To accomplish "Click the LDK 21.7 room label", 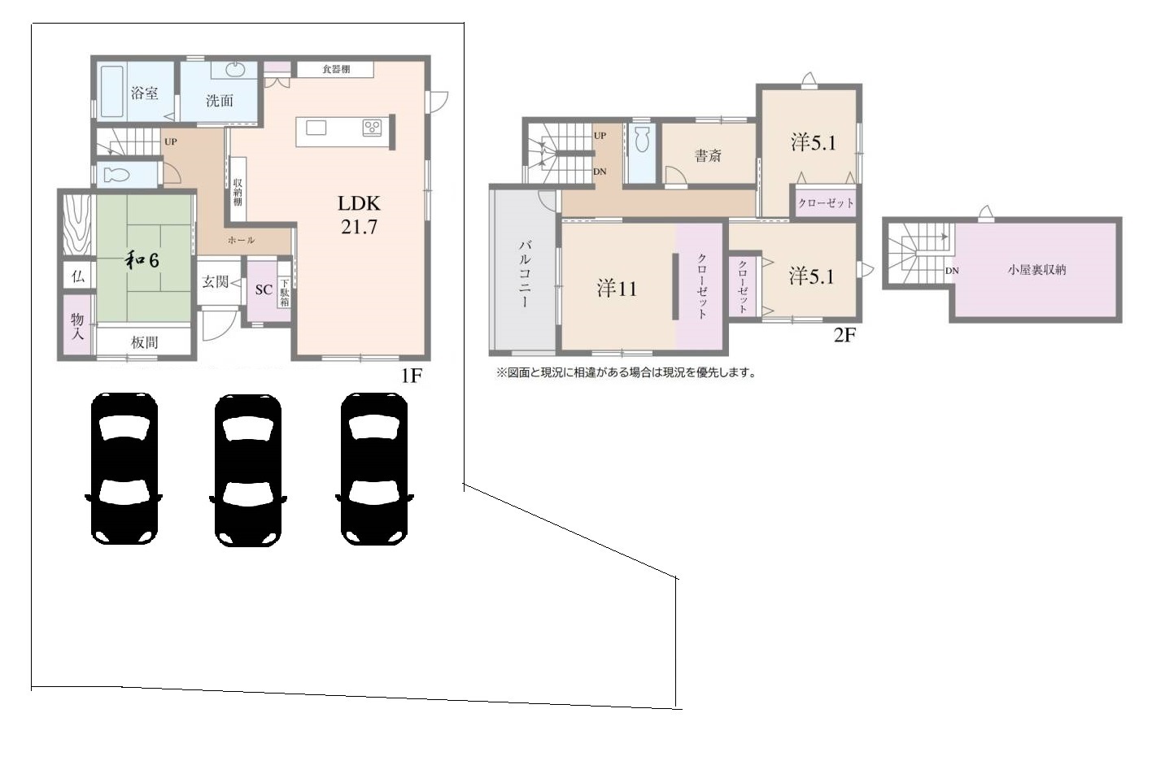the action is tap(359, 215).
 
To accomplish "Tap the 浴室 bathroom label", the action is tap(144, 93).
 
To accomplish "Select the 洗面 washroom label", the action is tap(220, 100).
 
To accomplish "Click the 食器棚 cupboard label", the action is tap(335, 69).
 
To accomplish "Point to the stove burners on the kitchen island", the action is tap(372, 128).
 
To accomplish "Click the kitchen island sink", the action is tap(316, 128).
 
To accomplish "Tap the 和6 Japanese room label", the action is tap(142, 260).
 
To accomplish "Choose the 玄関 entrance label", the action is tap(215, 282).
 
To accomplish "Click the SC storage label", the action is tap(264, 289).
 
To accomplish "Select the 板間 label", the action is tap(144, 342).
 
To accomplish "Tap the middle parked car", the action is tap(248, 470).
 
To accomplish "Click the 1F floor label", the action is tap(411, 376).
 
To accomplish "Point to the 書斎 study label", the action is tap(708, 155).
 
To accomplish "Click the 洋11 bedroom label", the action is tap(617, 289).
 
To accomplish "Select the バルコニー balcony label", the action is tap(524, 273).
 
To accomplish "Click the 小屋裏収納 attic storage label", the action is tap(1036, 270).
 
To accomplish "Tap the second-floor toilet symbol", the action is tap(643, 138).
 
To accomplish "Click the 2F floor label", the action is tap(844, 335).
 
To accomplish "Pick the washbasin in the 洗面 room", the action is tap(235, 69).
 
